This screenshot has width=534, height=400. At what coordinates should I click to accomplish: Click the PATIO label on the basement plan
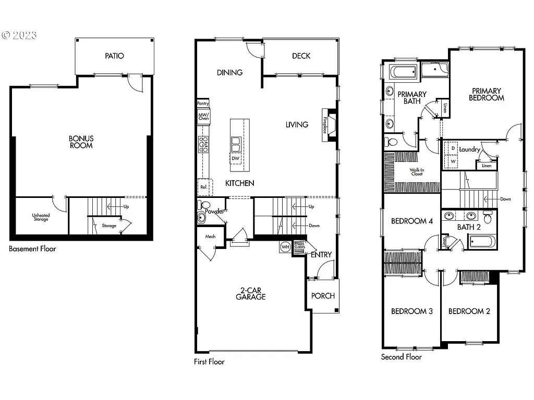[114, 56]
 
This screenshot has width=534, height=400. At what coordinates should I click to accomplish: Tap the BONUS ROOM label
[81, 142]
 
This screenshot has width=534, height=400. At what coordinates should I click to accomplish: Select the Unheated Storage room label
[41, 217]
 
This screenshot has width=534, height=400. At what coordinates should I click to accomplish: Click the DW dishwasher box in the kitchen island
[236, 158]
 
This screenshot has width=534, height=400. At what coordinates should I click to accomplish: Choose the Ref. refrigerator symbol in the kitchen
[203, 186]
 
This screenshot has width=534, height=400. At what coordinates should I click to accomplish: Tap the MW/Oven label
[203, 116]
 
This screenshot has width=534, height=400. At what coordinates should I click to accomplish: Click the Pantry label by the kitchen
[203, 104]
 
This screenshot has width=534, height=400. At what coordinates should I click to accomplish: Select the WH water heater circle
[285, 246]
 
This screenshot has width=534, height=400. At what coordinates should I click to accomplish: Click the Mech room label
[210, 236]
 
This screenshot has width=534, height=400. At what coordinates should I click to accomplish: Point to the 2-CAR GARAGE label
[250, 293]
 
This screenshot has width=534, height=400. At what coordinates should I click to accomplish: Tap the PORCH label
[323, 295]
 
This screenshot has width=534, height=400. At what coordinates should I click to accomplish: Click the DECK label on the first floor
[301, 56]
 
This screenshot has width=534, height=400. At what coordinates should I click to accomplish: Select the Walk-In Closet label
[416, 172]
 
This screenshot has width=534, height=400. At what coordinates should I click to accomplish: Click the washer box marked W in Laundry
[453, 161]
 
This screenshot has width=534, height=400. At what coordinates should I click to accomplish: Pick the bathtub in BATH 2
[482, 241]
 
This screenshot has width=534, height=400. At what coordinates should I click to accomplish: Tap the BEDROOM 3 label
[412, 311]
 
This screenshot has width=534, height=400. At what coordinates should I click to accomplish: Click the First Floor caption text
[209, 361]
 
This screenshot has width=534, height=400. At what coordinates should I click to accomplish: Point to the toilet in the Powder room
[204, 205]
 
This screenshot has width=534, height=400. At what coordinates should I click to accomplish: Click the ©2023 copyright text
[19, 35]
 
